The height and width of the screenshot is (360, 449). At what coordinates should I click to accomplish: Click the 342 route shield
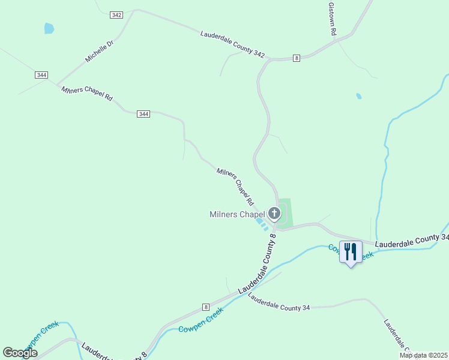pos(116,15)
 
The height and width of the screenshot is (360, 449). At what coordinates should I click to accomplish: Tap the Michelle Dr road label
pos(99,51)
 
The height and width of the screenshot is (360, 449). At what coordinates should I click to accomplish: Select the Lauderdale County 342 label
pos(232,45)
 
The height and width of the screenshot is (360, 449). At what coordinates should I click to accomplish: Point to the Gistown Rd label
pos(331,19)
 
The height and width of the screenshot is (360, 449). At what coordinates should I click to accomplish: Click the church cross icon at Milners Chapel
pos(274,213)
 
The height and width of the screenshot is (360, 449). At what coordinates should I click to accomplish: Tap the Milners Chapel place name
pos(237,214)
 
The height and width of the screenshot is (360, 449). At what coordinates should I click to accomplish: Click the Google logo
pos(20,352)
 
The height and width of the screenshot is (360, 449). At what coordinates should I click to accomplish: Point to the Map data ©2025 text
pos(423,355)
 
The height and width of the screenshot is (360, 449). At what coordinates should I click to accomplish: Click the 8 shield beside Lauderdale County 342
pos(296,58)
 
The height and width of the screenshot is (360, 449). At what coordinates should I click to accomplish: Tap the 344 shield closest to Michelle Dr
pos(41,75)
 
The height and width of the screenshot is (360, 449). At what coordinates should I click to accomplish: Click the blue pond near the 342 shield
pos(49,28)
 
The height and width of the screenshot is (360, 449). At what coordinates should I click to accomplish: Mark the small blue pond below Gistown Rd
pos(358,96)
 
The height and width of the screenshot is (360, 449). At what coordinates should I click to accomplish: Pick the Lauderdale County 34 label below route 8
pos(279,304)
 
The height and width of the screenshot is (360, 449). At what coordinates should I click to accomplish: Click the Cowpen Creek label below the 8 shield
pos(200,320)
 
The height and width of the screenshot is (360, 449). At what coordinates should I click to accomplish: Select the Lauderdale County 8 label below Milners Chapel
pos(258,265)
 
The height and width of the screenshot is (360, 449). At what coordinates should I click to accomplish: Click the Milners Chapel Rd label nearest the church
pos(235,186)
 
